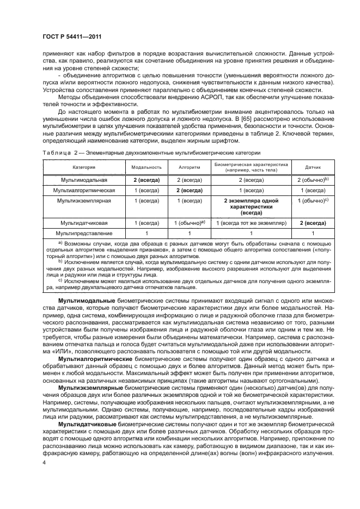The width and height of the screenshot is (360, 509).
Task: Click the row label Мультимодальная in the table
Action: tap(84, 179)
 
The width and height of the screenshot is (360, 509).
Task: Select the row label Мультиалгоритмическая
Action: tap(84, 191)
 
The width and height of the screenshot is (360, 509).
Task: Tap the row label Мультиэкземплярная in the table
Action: tap(84, 201)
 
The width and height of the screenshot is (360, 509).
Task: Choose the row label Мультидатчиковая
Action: tap(84, 223)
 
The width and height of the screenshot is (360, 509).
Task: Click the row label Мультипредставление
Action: tap(84, 233)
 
